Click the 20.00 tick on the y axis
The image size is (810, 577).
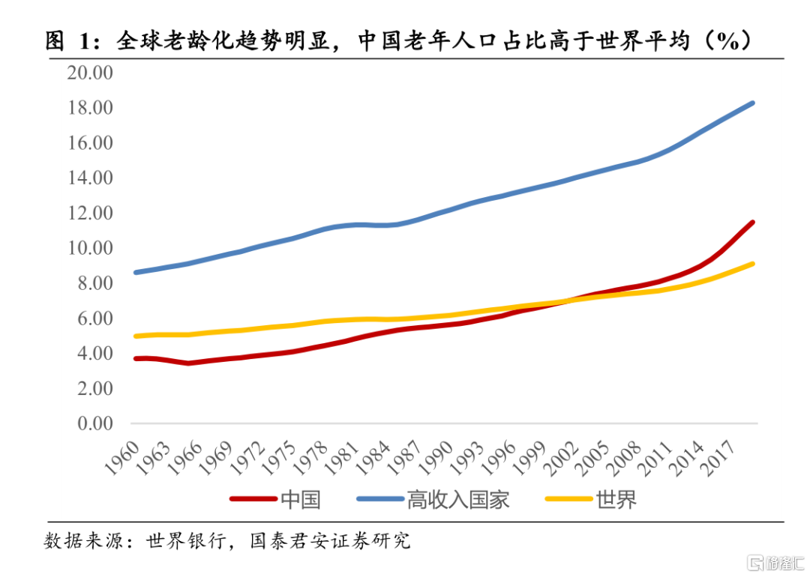tap(89, 73)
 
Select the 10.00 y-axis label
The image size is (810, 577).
tap(89, 248)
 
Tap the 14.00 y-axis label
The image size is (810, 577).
tap(89, 178)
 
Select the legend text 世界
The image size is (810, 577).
tap(616, 499)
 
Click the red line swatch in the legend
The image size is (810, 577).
tap(252, 499)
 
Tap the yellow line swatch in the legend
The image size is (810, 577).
tap(568, 499)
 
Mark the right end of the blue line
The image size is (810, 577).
tap(752, 103)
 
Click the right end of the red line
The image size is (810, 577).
tap(752, 223)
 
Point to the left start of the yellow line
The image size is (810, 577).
tap(136, 336)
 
